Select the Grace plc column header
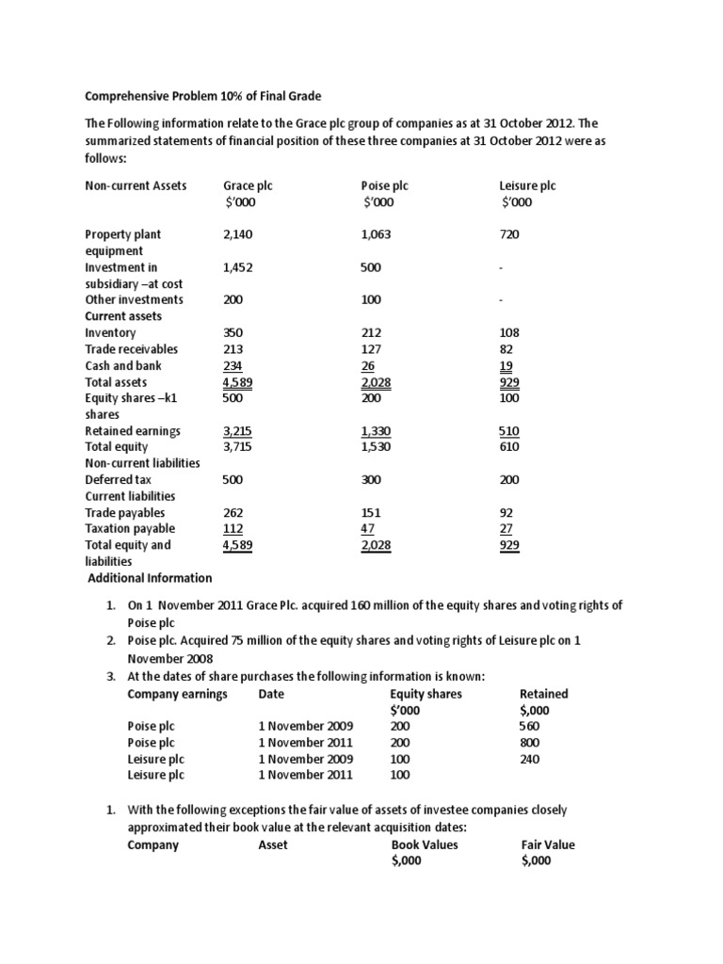(247, 185)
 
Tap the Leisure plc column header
(528, 185)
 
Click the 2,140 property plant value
(238, 234)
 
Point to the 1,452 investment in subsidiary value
(238, 267)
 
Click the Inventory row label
(110, 332)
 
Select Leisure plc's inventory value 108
(509, 332)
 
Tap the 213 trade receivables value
(233, 348)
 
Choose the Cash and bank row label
(123, 365)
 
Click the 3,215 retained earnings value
(238, 430)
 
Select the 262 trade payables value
(233, 512)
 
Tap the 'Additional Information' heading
(150, 577)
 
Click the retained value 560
(530, 727)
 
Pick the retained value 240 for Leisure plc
(530, 759)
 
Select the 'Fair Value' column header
(548, 844)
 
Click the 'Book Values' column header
(425, 844)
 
